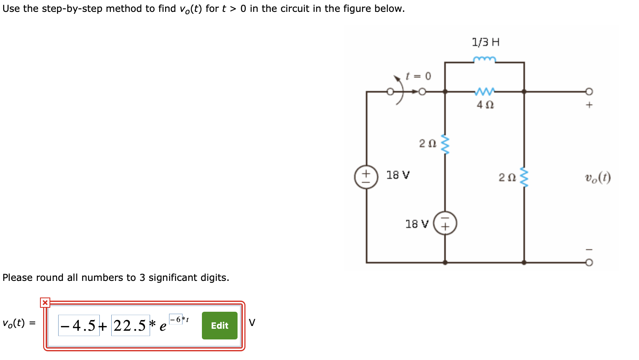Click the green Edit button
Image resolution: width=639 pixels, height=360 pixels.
click(x=219, y=326)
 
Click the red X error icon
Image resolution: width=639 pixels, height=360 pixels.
click(x=45, y=303)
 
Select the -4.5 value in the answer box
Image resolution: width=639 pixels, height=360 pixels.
click(x=79, y=326)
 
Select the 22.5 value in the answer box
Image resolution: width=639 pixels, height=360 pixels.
click(x=130, y=326)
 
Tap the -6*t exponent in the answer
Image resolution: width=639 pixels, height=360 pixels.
click(x=179, y=319)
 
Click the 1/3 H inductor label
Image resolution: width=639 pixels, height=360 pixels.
click(x=485, y=42)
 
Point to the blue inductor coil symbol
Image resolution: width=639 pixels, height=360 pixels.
click(x=484, y=60)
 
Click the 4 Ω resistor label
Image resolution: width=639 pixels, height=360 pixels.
click(x=485, y=105)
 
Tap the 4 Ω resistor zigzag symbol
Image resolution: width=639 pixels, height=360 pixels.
click(x=484, y=92)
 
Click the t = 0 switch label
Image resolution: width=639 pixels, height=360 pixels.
click(x=418, y=76)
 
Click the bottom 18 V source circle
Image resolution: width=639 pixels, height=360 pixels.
click(x=445, y=223)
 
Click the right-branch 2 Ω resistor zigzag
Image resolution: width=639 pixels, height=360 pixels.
click(x=524, y=177)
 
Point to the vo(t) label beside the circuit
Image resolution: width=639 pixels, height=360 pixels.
click(x=598, y=178)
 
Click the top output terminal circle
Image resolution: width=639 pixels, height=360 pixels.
click(x=589, y=92)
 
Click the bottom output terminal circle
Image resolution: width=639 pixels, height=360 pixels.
click(x=589, y=263)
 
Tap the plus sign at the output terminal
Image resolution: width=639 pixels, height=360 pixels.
click(x=589, y=105)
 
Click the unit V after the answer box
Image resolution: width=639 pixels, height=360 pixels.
click(x=252, y=323)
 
